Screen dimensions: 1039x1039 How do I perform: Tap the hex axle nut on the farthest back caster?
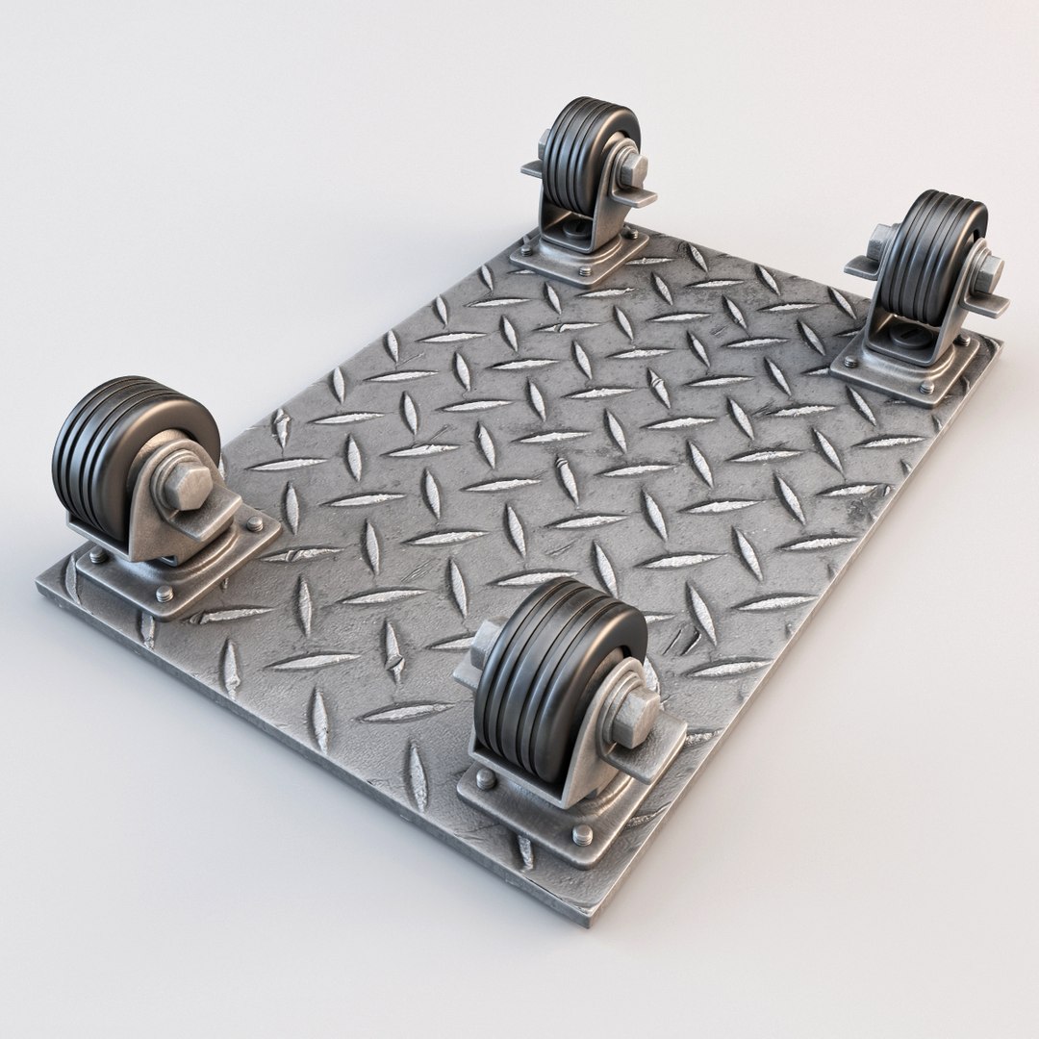click(632, 170)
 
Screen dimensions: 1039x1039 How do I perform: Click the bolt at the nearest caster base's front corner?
click(583, 834)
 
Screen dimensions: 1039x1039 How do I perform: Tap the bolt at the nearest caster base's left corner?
click(486, 778)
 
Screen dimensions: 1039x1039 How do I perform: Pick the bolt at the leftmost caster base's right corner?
click(254, 524)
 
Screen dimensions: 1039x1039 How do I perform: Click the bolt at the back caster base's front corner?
click(584, 271)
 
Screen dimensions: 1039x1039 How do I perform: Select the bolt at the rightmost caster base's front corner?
click(926, 387)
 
